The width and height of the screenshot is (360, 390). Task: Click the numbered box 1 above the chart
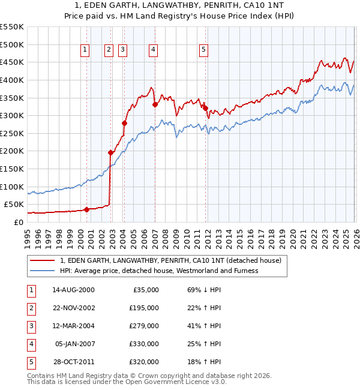tap(86, 50)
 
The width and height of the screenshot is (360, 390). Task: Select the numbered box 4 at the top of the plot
tap(154, 50)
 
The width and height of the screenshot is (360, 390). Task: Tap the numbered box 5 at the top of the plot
tap(204, 50)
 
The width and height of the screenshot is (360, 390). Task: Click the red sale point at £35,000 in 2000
tap(86, 209)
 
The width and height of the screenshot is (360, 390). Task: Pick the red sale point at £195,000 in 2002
tap(110, 152)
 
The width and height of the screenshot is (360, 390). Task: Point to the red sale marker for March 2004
tap(124, 123)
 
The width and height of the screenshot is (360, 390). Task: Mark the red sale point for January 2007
tap(155, 104)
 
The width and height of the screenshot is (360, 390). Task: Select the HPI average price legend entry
tap(159, 271)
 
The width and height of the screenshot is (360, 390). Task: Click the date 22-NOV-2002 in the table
tap(73, 308)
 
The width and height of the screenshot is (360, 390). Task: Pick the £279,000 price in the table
tap(145, 326)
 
